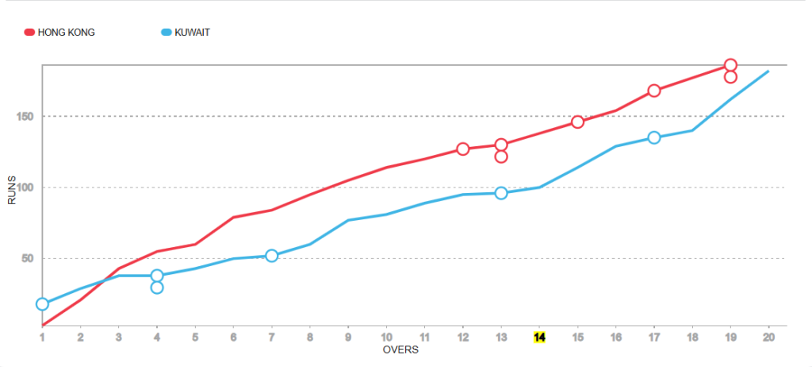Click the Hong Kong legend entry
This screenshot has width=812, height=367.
point(60,33)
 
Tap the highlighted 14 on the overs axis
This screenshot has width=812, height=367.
point(539,337)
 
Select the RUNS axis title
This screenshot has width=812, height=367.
point(12,191)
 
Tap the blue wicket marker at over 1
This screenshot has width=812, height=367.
point(42,304)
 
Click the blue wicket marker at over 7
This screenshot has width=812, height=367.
point(271,256)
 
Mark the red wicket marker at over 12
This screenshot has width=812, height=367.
point(463,149)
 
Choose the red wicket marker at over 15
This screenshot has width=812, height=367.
point(577,122)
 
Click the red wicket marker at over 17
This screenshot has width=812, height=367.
point(654,91)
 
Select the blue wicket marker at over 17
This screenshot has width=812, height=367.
point(654,137)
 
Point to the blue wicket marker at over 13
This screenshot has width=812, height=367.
point(501,193)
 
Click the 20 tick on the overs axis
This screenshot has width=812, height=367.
point(768,337)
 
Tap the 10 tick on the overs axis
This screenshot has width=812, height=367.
point(386,337)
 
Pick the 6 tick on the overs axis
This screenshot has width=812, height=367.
point(233,337)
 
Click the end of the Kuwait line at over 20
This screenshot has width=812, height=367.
point(768,71)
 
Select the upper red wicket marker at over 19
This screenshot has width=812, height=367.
point(730,65)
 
